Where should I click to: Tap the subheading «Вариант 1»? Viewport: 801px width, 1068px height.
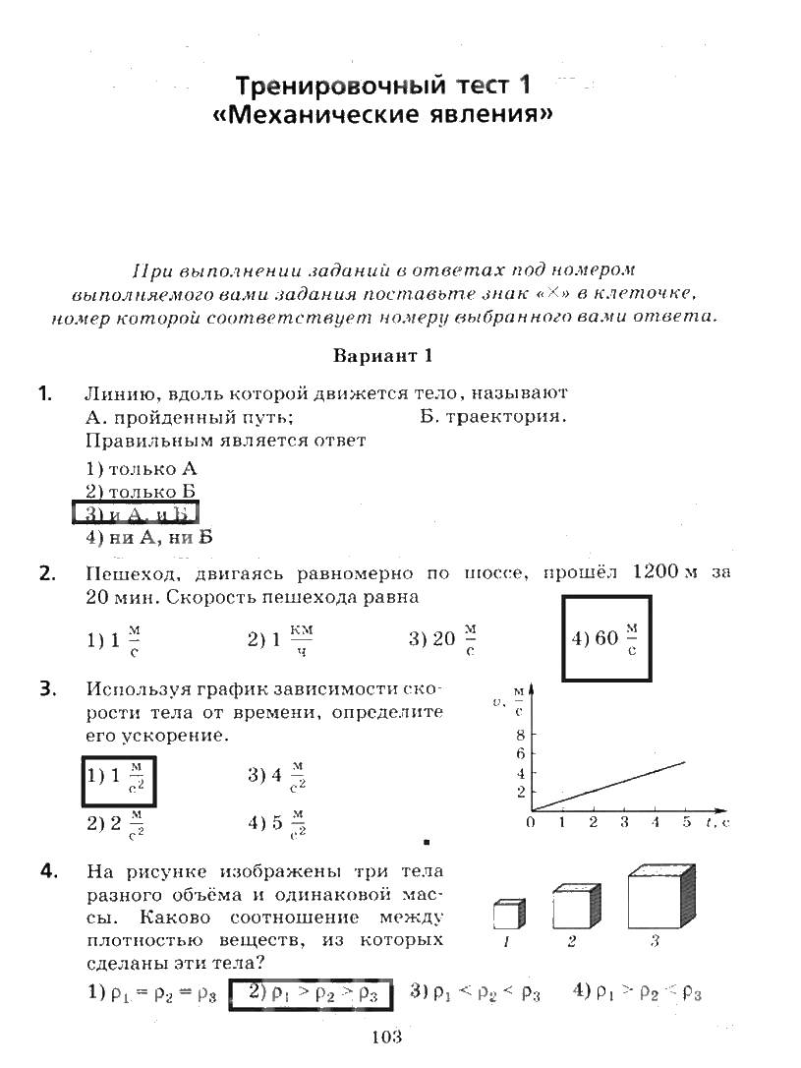tap(383, 355)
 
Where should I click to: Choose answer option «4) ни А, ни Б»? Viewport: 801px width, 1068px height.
tap(148, 537)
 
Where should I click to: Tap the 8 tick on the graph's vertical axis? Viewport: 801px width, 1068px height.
tap(520, 735)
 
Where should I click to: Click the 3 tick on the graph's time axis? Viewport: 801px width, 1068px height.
tap(624, 823)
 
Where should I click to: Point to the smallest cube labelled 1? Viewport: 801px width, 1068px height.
tap(505, 914)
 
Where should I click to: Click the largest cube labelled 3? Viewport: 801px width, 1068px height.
tap(659, 899)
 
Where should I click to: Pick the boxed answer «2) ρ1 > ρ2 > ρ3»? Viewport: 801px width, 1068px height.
tap(311, 993)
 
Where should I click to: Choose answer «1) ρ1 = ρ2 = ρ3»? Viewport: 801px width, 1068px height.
tap(151, 993)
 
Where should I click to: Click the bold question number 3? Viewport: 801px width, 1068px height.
tap(45, 688)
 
